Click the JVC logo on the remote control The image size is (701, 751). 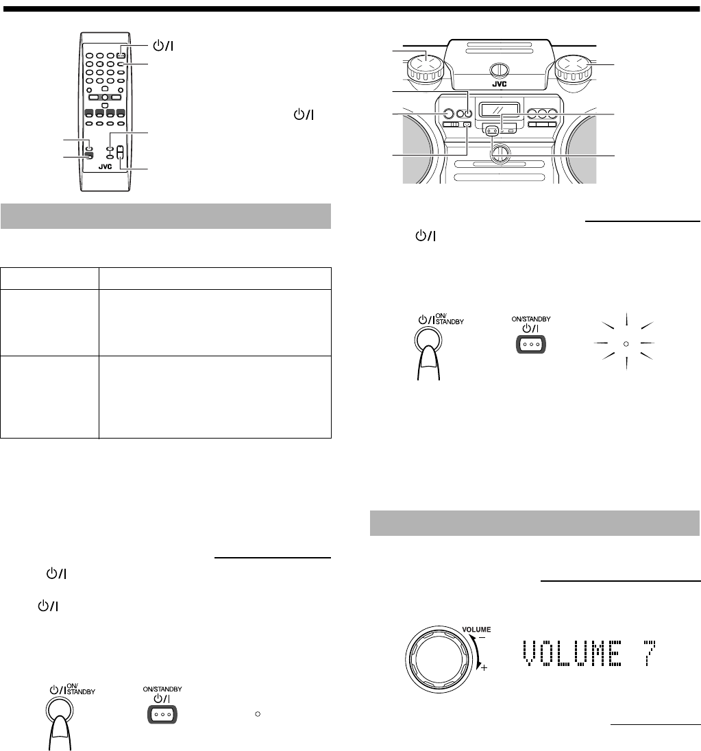click(105, 167)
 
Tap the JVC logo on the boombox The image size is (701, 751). click(500, 84)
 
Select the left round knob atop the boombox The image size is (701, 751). click(426, 68)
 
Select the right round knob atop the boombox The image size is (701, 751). click(574, 68)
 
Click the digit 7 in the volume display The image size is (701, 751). click(650, 653)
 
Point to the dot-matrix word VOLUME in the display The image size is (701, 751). click(572, 653)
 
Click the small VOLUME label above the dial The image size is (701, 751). click(476, 629)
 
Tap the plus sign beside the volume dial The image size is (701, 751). click(484, 667)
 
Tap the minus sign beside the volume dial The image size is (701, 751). click(482, 637)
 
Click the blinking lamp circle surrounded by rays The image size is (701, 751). click(626, 343)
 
